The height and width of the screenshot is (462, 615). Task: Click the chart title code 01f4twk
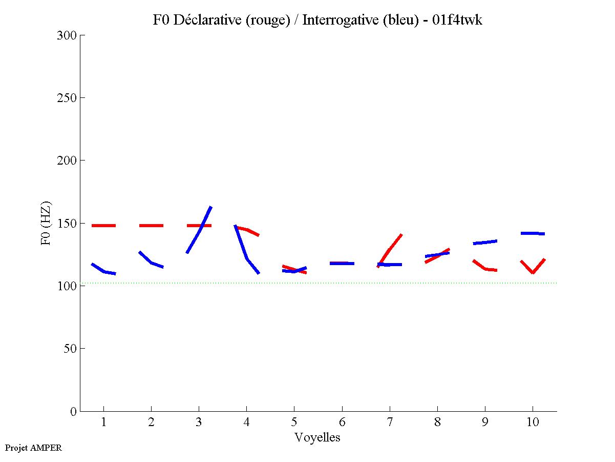click(x=460, y=20)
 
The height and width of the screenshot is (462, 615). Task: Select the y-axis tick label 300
click(x=67, y=35)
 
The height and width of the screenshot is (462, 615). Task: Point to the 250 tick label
click(x=67, y=98)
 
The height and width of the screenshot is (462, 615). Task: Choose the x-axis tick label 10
click(x=533, y=423)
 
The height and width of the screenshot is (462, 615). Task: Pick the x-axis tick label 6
click(x=342, y=423)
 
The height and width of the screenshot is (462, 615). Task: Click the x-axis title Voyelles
click(x=317, y=437)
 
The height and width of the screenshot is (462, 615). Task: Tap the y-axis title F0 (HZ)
click(x=47, y=223)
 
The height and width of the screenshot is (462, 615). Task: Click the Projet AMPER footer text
click(x=33, y=448)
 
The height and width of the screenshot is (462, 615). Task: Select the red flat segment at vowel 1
click(x=103, y=226)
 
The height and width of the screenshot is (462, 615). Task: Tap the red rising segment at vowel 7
click(x=390, y=250)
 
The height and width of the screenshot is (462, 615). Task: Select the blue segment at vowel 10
click(x=533, y=233)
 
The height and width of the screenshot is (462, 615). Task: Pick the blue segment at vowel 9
click(x=485, y=242)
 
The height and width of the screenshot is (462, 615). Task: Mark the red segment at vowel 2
click(x=151, y=226)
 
